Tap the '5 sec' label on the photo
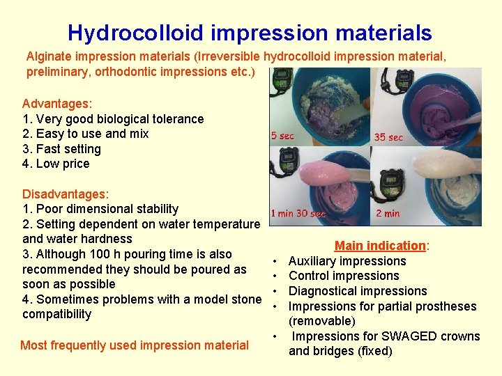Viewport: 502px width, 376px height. click(282, 136)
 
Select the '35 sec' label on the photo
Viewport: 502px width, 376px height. click(388, 137)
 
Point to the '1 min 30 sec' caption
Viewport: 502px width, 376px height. click(298, 214)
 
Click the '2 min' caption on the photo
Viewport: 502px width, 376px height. click(388, 214)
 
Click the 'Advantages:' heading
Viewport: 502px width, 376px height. click(56, 104)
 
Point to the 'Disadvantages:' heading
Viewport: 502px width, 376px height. click(66, 194)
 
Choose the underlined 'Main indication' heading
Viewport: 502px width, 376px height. click(381, 246)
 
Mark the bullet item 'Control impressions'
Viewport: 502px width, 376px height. click(344, 276)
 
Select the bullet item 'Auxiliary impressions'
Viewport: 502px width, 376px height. click(347, 261)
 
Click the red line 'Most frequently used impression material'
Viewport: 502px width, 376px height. click(135, 345)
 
